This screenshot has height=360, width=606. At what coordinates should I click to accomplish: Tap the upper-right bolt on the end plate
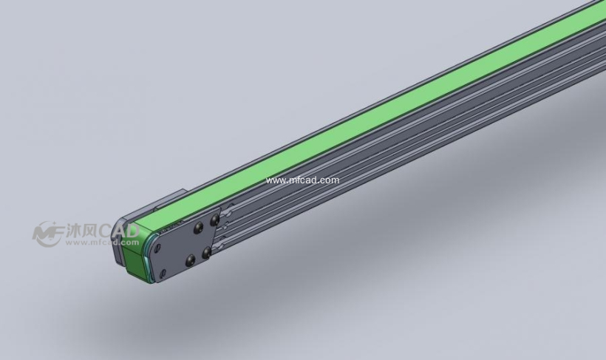[214, 220]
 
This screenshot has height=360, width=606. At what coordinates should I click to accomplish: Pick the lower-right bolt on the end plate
[206, 254]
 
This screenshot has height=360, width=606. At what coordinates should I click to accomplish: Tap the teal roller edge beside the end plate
[152, 255]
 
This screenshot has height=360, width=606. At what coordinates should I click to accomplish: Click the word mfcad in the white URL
[302, 180]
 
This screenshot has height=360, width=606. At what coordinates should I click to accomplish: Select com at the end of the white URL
[330, 180]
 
